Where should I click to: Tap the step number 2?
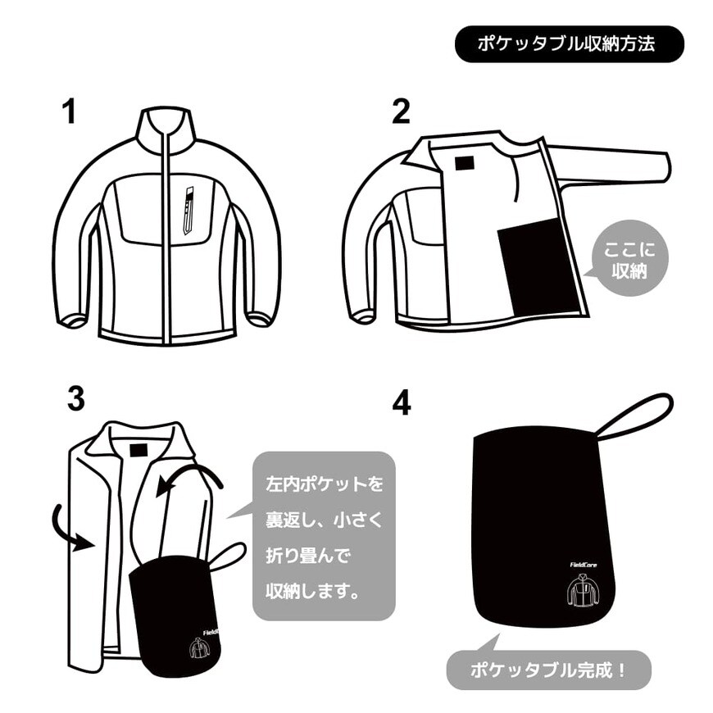tap(400, 111)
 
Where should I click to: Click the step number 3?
tap(75, 399)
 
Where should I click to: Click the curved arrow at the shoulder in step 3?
tap(193, 479)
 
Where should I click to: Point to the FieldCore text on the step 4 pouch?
tap(585, 564)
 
